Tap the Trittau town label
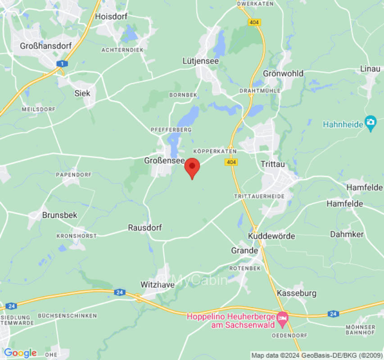pyautogui.click(x=273, y=165)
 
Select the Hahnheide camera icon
pyautogui.click(x=370, y=122)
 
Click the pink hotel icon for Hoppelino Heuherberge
pyautogui.click(x=282, y=317)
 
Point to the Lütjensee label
pyautogui.click(x=200, y=61)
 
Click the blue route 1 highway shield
pyautogui.click(x=60, y=63)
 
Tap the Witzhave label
pyautogui.click(x=157, y=285)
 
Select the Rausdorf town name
pyautogui.click(x=145, y=228)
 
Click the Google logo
pyautogui.click(x=20, y=353)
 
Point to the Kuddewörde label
pyautogui.click(x=271, y=236)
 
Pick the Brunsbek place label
pyautogui.click(x=59, y=215)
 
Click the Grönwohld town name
pyautogui.click(x=283, y=73)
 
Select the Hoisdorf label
pyautogui.click(x=111, y=16)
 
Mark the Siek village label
pyautogui.click(x=82, y=93)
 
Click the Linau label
pyautogui.click(x=370, y=69)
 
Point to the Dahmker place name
pyautogui.click(x=347, y=234)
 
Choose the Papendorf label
pyautogui.click(x=73, y=175)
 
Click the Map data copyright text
pyautogui.click(x=316, y=355)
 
